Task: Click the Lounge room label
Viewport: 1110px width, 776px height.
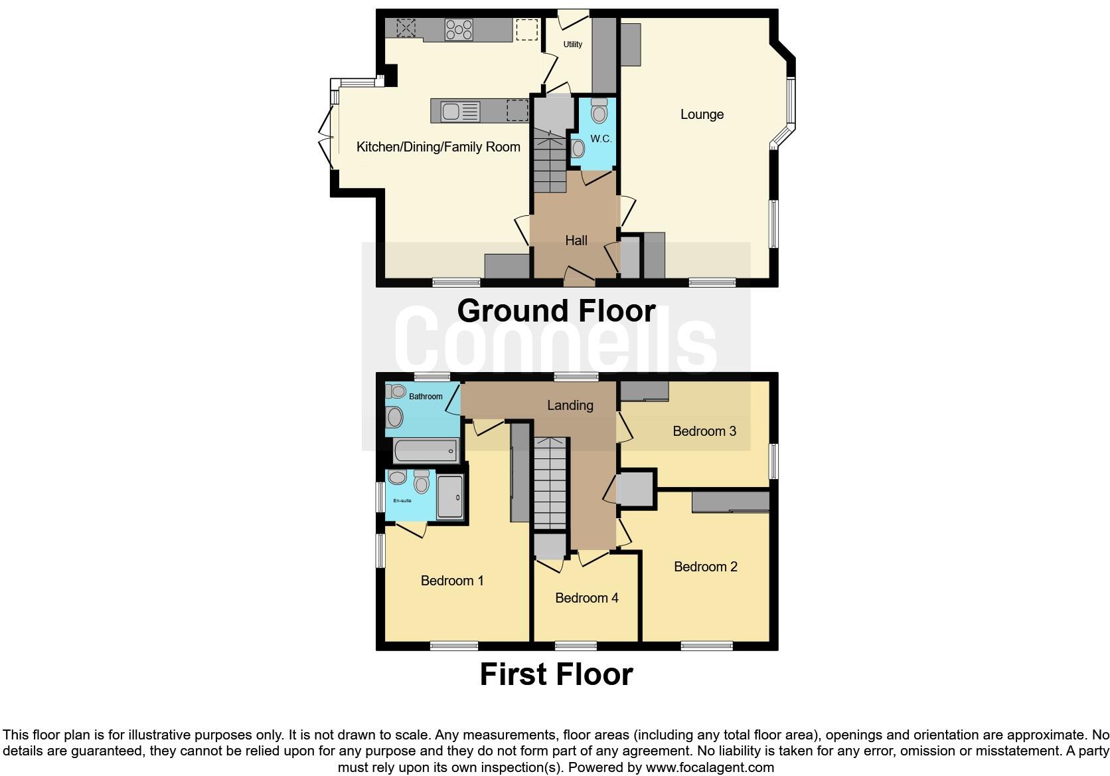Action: pyautogui.click(x=702, y=114)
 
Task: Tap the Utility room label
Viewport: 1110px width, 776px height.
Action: pyautogui.click(x=572, y=45)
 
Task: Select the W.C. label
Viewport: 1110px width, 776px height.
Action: pyautogui.click(x=601, y=139)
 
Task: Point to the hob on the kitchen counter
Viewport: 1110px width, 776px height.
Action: pyautogui.click(x=459, y=29)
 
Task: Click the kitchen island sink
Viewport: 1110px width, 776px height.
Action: pyautogui.click(x=451, y=111)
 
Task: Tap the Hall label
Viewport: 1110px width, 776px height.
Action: pyautogui.click(x=576, y=241)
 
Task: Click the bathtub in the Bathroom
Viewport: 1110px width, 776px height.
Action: pyautogui.click(x=426, y=451)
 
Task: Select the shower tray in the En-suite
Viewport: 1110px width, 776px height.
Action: pyautogui.click(x=450, y=498)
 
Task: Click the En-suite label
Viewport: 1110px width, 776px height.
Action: pyautogui.click(x=402, y=500)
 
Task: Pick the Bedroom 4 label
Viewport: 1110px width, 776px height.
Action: pyautogui.click(x=587, y=598)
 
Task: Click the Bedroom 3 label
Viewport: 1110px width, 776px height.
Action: pyautogui.click(x=704, y=431)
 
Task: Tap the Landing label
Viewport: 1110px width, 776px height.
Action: pyautogui.click(x=570, y=405)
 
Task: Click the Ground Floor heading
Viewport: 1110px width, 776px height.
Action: pyautogui.click(x=556, y=311)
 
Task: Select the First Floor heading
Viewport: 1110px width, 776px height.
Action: pyautogui.click(x=556, y=674)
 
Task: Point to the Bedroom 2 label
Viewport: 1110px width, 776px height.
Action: pyautogui.click(x=705, y=567)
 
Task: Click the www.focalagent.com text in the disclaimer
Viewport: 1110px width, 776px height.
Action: pyautogui.click(x=710, y=767)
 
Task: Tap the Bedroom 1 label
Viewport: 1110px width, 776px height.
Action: pyautogui.click(x=452, y=581)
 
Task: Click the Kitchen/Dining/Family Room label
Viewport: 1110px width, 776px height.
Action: pyautogui.click(x=438, y=147)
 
